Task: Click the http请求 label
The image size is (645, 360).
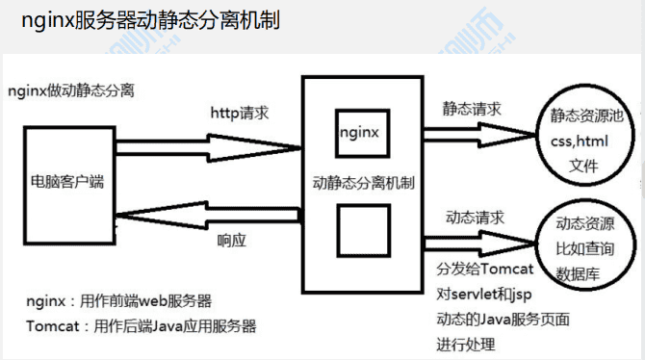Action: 240,114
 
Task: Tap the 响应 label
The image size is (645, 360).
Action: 233,241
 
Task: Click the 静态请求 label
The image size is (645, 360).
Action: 471,108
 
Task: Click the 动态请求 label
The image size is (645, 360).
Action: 471,215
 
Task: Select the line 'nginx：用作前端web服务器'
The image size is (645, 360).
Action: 119,301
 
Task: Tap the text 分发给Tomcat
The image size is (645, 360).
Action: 480,269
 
